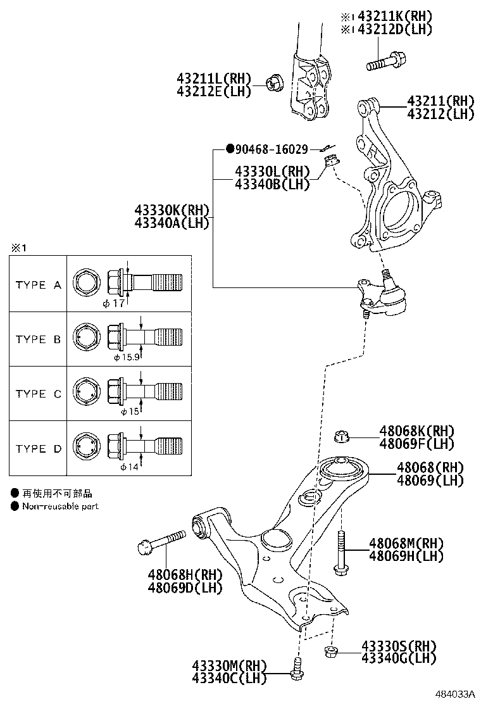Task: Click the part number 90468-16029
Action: (x=272, y=149)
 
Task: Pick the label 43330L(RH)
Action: (x=272, y=172)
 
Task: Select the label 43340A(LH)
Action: (x=172, y=222)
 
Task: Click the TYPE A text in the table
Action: (x=39, y=285)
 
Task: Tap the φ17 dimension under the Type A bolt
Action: (x=115, y=303)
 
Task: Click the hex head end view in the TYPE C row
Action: (x=85, y=392)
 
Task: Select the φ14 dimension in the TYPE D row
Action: (x=130, y=467)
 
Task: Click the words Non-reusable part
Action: (x=60, y=506)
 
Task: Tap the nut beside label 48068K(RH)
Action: (x=342, y=436)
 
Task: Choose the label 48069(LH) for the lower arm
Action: (x=430, y=481)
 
